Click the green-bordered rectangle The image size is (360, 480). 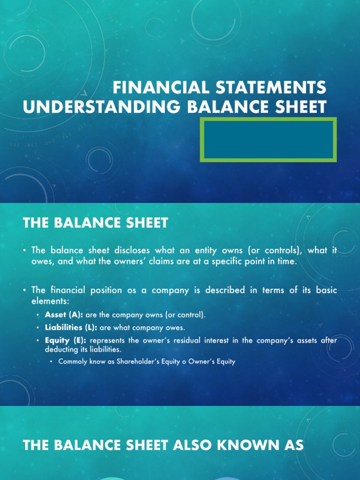coord(268,140)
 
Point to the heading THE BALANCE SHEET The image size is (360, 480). coord(95,223)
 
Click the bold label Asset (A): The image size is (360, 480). coord(64,315)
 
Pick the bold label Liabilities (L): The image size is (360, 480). coord(71,327)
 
